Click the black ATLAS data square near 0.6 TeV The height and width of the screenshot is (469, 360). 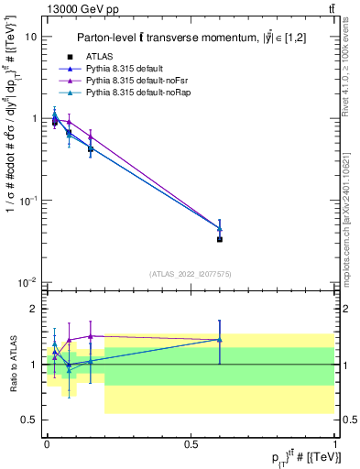tap(220, 239)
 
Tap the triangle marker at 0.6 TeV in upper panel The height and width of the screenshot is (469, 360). tap(220, 228)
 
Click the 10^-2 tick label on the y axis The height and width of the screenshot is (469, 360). tap(27, 281)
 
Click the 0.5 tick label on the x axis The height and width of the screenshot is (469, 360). tap(191, 442)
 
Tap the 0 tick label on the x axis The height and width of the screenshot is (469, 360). tap(46, 442)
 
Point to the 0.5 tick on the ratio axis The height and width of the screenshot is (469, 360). tap(29, 420)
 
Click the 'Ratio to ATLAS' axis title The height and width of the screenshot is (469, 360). tap(11, 364)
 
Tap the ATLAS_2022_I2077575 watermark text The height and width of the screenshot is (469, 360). tap(191, 273)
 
